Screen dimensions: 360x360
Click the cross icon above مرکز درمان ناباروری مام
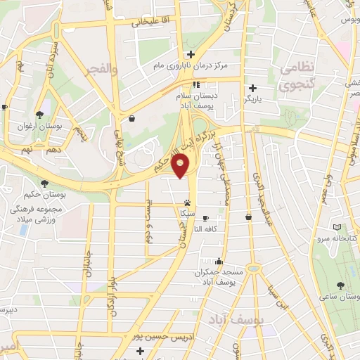(190, 55)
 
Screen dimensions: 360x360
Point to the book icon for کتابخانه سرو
(337, 228)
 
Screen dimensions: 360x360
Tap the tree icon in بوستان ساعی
(340, 285)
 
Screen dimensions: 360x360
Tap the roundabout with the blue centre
(255, 269)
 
